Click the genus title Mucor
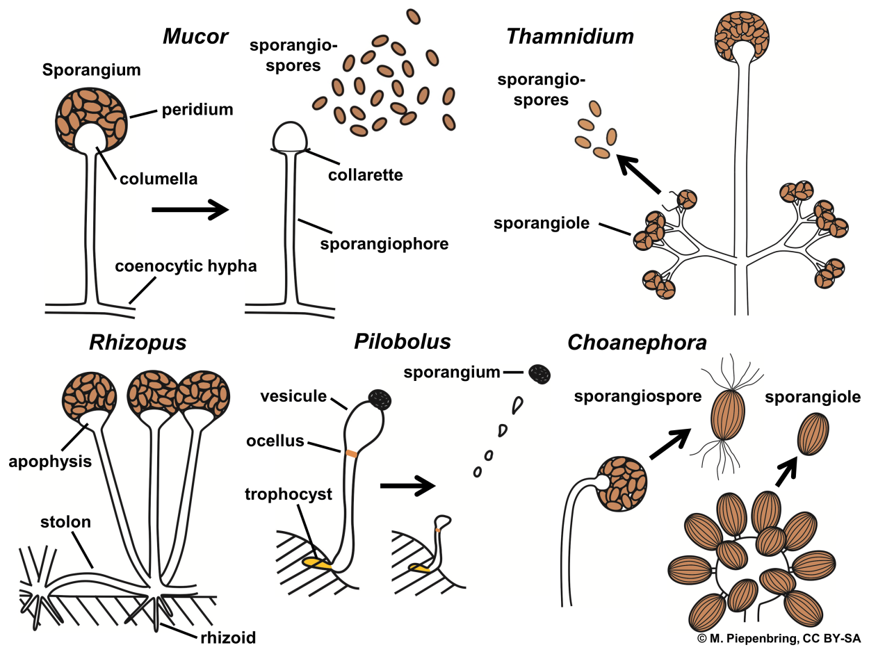(195, 36)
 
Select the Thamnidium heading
(570, 36)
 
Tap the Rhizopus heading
(138, 343)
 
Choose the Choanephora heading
(637, 343)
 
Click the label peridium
(197, 110)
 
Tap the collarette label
(365, 174)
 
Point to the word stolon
(65, 521)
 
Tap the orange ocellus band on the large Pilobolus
(352, 453)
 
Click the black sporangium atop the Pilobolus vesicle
(380, 398)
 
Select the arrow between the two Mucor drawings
(189, 209)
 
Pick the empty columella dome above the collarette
(291, 137)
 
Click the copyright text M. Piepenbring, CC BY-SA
(779, 638)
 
